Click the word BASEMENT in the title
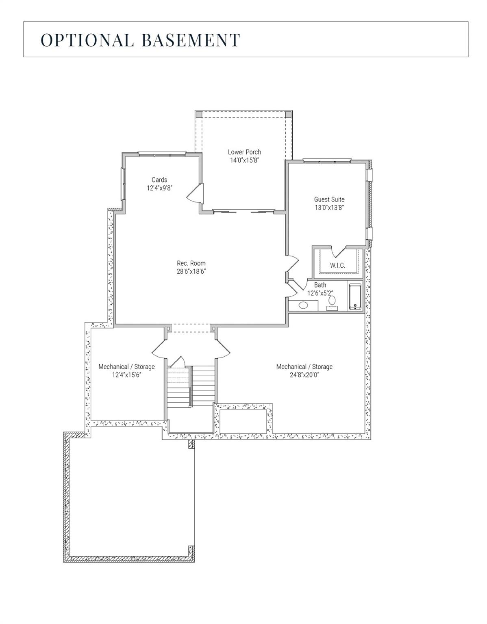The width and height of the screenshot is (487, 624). coord(191,40)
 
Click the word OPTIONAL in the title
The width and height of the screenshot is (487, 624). coord(87,40)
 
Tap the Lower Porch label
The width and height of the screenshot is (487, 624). coord(244,152)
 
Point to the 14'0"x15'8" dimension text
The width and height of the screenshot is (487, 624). coord(244,160)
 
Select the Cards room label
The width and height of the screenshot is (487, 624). coord(159,180)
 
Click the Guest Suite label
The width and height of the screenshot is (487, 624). coord(329,199)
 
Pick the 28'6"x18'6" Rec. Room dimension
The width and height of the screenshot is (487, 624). coord(191,271)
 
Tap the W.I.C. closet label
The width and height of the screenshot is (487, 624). coord(337,265)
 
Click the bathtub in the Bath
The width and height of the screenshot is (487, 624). coord(355,297)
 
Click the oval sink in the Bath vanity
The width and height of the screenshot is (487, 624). coord(303,305)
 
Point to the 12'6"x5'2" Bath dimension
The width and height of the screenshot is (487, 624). coord(320,293)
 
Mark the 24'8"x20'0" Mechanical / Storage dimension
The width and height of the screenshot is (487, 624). coord(304,375)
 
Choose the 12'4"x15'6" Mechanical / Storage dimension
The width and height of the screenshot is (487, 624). coord(126,375)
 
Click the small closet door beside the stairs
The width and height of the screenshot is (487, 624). coord(178,362)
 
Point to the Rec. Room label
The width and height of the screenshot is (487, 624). coord(191,263)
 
